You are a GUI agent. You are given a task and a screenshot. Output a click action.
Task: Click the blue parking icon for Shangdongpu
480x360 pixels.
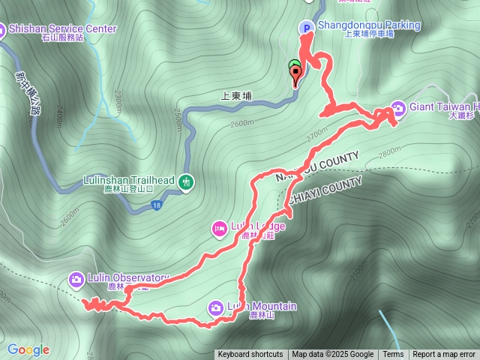click(306, 27)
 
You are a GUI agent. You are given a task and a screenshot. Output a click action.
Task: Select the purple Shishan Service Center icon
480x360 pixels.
click(1, 30)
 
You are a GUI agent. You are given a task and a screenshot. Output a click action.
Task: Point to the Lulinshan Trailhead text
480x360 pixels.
click(128, 181)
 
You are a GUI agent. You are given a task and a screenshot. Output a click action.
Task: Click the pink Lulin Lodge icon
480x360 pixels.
click(220, 228)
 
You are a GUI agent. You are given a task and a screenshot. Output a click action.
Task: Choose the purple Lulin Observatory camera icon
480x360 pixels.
click(76, 279)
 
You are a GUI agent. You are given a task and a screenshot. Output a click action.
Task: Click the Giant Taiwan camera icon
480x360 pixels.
click(397, 107)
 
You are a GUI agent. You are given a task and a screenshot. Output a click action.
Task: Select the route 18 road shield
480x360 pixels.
click(155, 205)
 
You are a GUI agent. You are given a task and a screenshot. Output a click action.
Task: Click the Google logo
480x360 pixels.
click(28, 349)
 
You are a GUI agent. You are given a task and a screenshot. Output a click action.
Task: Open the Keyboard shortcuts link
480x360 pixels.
click(250, 355)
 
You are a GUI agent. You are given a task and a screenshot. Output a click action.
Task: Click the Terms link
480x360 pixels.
click(393, 355)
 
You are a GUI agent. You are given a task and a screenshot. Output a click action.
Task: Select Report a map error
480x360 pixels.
click(444, 355)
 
